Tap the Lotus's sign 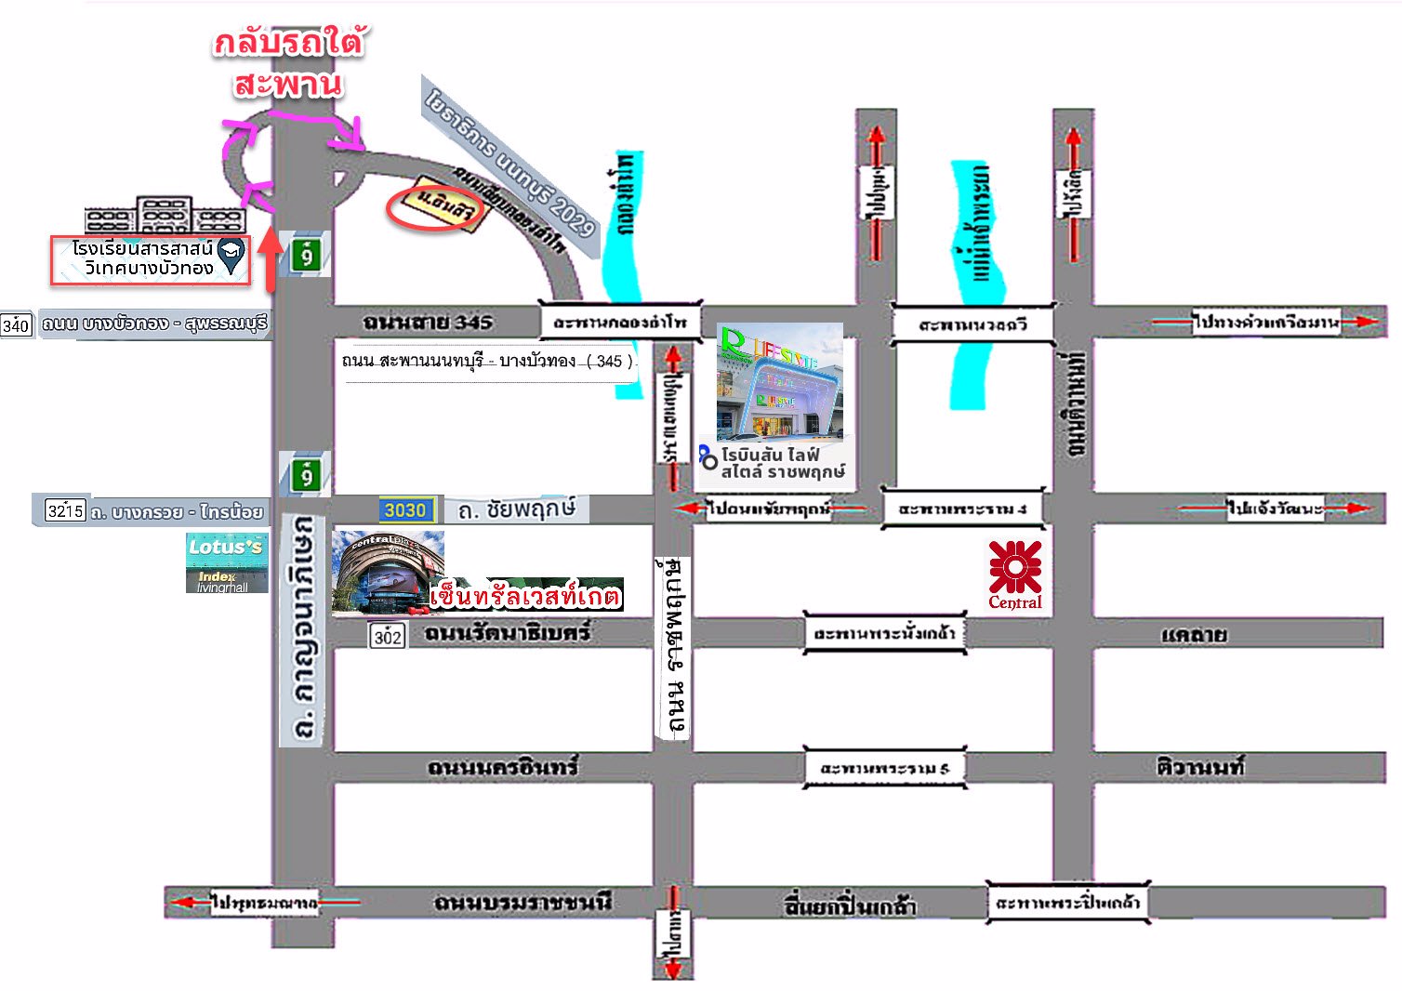[x=225, y=548]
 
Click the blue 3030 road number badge [x=405, y=509]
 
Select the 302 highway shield [x=387, y=636]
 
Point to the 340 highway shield [x=16, y=324]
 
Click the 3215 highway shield [x=65, y=510]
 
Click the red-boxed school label [x=150, y=259]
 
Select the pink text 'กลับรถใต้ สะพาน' [x=288, y=63]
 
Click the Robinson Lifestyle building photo [x=779, y=380]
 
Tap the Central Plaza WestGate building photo [x=387, y=571]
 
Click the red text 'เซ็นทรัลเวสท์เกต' [x=525, y=595]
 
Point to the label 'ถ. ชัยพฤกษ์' [x=516, y=509]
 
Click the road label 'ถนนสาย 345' [x=427, y=323]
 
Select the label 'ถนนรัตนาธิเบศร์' [x=507, y=633]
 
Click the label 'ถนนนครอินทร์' [x=502, y=767]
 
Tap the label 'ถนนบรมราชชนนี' [x=522, y=902]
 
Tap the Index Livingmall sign [x=223, y=581]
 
